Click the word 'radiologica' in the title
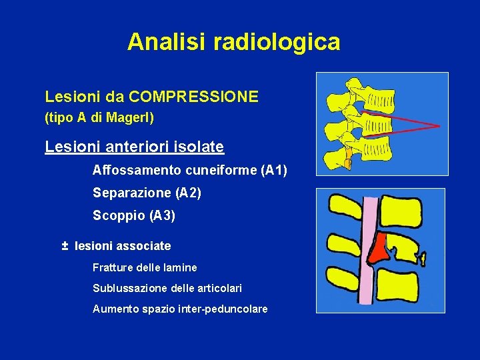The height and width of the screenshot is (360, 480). [x=277, y=42]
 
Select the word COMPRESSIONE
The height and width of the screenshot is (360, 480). [x=194, y=97]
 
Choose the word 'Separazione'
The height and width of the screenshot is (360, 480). [x=132, y=193]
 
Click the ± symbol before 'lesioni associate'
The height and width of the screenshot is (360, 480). [x=65, y=246]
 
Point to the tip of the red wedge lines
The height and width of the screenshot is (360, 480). [x=438, y=125]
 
